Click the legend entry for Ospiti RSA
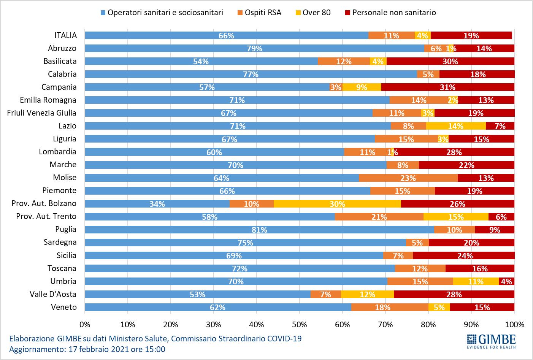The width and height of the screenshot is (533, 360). pos(263,13)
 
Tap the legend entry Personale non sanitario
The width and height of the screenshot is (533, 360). pos(394,13)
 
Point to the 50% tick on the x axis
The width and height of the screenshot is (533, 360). pos(299,325)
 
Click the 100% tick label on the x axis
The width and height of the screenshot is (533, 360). pos(514,325)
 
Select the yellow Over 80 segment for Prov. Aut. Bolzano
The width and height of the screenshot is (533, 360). pos(337,204)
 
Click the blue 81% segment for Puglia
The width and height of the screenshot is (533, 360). pos(259,230)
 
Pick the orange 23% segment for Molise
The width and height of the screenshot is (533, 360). pos(408,178)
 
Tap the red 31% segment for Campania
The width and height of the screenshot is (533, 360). pos(447,87)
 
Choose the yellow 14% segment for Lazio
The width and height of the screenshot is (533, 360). pos(455,126)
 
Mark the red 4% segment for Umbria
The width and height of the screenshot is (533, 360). pos(506,281)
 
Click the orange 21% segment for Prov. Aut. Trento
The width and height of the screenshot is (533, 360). pos(379,217)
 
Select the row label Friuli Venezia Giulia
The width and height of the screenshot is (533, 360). pos(42,113)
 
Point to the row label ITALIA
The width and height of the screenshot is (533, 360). pos(65,35)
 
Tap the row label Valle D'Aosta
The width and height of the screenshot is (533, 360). pos(53,294)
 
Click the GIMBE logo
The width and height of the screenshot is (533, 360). pos(491,341)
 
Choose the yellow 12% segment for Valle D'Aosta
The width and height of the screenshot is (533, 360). pos(367,294)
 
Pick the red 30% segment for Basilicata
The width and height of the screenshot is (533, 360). pos(450,61)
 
